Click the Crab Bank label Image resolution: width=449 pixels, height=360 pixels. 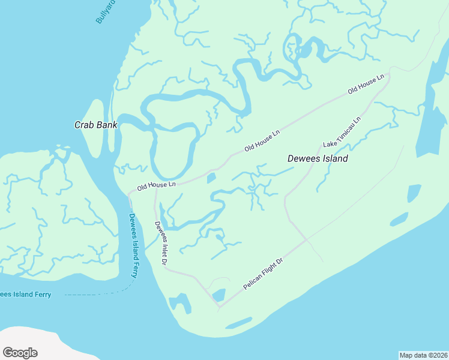click(x=95, y=125)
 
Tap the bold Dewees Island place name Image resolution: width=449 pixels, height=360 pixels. click(x=318, y=159)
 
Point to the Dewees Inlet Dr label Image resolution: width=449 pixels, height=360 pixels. click(x=160, y=243)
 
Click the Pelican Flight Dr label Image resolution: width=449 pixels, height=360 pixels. click(x=263, y=274)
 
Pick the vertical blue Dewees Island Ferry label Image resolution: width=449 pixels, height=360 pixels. click(x=134, y=246)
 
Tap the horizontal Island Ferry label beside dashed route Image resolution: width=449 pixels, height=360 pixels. click(x=25, y=294)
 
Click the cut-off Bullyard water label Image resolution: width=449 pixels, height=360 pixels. click(x=106, y=11)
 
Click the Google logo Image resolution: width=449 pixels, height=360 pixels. click(x=20, y=353)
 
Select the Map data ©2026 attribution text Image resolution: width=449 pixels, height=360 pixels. click(x=423, y=355)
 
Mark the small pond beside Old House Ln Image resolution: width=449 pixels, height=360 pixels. click(x=211, y=178)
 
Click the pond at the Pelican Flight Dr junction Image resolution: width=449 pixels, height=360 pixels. click(x=218, y=295)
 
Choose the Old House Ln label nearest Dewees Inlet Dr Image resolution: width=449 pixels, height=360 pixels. click(x=156, y=185)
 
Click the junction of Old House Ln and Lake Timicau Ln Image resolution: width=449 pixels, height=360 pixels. click(x=388, y=77)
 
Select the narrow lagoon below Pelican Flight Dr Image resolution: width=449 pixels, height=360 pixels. click(x=239, y=323)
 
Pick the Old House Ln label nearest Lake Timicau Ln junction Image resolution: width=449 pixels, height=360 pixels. click(x=365, y=85)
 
